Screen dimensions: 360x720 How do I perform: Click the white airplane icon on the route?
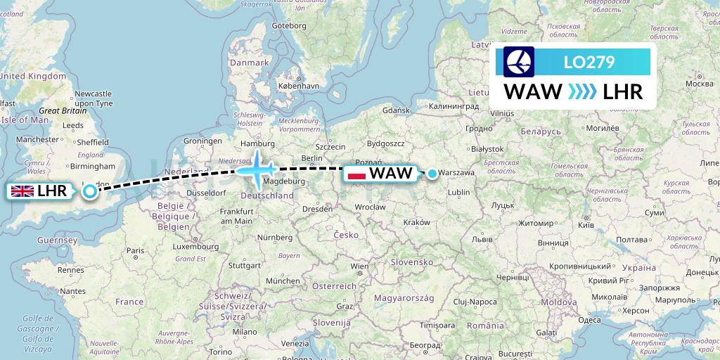click(x=257, y=169)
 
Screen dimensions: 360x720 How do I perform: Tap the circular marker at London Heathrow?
click(x=90, y=191)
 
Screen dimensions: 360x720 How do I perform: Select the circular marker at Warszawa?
click(x=432, y=173)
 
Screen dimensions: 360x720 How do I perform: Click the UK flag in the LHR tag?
click(x=22, y=191)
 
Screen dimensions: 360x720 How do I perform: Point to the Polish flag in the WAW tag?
click(x=357, y=174)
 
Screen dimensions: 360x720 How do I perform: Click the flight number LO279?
click(x=589, y=63)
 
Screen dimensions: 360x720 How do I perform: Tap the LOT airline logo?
click(x=519, y=62)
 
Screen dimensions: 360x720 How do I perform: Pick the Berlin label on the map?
click(x=311, y=157)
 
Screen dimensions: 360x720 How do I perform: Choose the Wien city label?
click(x=359, y=266)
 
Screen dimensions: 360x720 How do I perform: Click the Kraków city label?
click(x=417, y=222)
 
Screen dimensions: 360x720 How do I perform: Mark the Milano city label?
click(x=245, y=331)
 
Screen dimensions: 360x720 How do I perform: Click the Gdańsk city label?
click(x=396, y=110)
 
